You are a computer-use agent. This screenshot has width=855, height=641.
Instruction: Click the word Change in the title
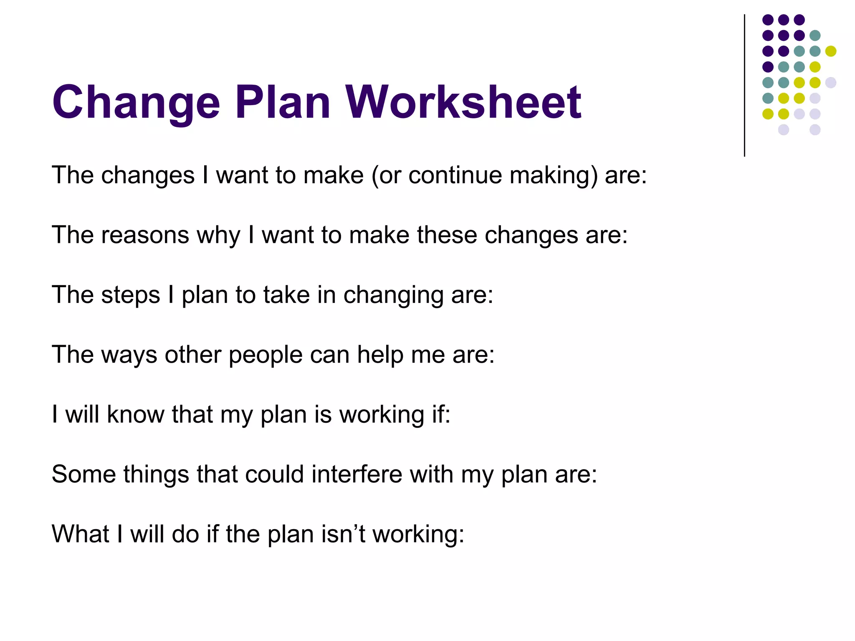tap(136, 103)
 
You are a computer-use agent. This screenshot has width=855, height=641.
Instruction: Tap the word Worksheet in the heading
tap(463, 103)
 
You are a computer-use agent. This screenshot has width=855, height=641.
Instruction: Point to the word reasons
tap(145, 235)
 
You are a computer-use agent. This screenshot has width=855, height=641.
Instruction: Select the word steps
tap(131, 295)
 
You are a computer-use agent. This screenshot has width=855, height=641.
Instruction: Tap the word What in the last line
tap(80, 534)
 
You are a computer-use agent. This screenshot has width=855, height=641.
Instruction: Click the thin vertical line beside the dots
tap(744, 86)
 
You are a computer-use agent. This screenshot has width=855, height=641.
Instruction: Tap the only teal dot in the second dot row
tap(815, 35)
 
